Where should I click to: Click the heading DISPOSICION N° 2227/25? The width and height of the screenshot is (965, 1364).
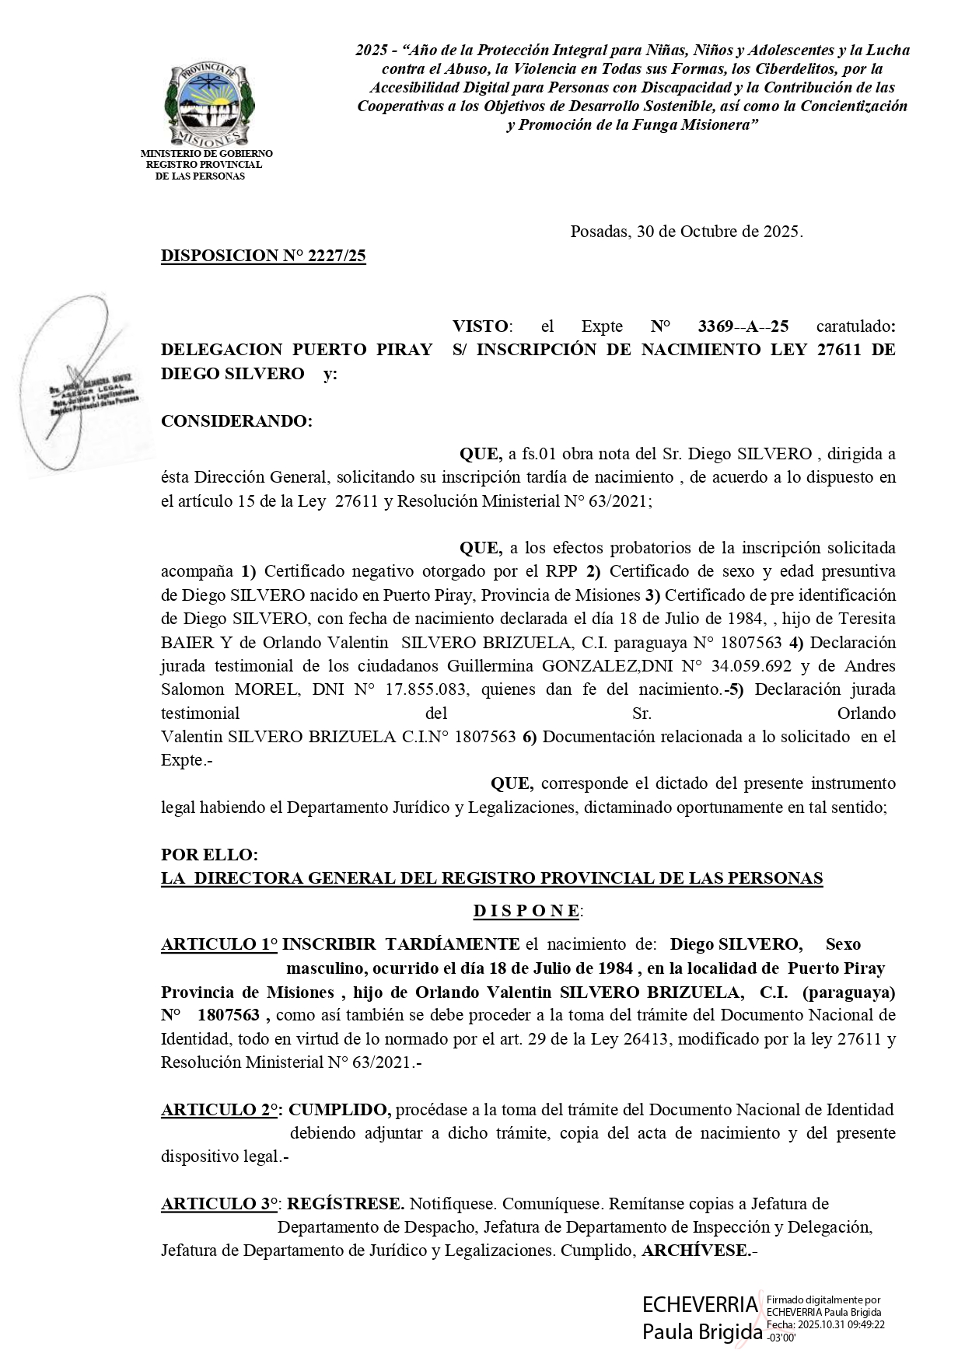263,256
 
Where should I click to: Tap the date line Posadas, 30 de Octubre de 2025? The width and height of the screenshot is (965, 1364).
686,232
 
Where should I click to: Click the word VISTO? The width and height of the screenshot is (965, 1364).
481,326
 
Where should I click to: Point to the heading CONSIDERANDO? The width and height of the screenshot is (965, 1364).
236,421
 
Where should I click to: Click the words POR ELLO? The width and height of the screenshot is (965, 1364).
209,855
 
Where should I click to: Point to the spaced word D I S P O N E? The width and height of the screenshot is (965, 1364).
526,911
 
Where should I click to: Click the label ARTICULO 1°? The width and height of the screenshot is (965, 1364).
219,944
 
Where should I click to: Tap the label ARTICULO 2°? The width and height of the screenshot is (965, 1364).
221,1110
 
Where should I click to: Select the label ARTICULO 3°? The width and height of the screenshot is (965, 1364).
220,1204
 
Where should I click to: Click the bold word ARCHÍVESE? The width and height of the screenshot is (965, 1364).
696,1251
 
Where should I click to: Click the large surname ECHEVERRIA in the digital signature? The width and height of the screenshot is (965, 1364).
699,1304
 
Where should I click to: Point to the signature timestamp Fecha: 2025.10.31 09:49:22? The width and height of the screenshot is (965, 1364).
826,1324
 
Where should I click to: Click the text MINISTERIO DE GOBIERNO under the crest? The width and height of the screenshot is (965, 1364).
206,154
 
